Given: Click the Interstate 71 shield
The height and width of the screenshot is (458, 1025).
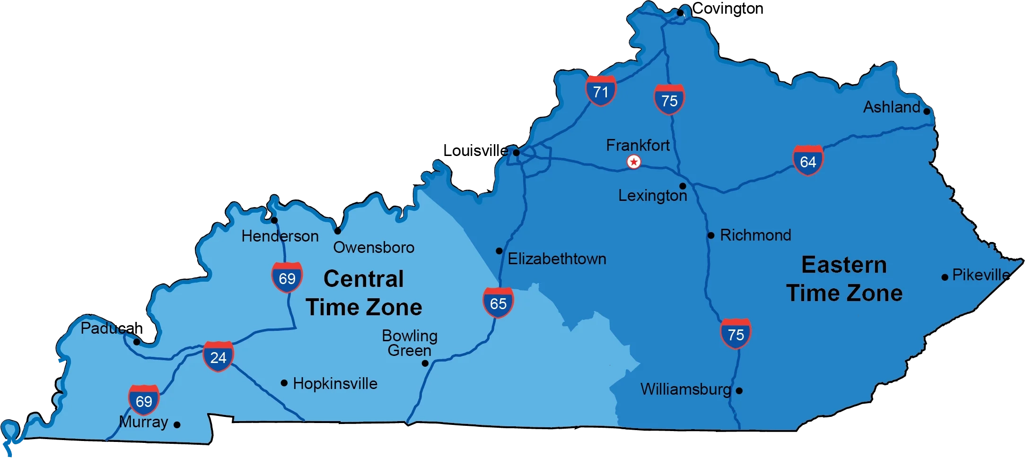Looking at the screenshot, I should click(601, 91).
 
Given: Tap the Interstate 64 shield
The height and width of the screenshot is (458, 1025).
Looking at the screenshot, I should click(808, 161).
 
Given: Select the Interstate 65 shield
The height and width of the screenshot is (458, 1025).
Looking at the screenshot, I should click(498, 302).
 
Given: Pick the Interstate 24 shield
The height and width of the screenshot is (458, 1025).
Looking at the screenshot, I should click(218, 356).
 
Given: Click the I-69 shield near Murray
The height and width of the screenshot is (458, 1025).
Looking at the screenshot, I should click(144, 400).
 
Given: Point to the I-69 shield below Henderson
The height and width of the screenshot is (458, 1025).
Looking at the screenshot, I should click(287, 277).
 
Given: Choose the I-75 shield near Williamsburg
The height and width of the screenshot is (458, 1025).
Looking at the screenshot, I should click(736, 334).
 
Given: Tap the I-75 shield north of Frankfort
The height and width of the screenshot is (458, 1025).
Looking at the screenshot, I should click(669, 100).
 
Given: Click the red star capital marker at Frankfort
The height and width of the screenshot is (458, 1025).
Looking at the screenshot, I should click(634, 162).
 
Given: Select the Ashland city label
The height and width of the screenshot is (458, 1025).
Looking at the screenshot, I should click(892, 107).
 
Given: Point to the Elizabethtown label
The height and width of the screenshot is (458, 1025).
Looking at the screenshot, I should click(557, 259).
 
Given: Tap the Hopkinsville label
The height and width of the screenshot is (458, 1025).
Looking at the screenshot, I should click(335, 383).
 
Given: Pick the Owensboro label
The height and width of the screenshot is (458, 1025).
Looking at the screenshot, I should click(374, 247).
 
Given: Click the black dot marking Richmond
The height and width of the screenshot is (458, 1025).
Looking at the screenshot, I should click(711, 235).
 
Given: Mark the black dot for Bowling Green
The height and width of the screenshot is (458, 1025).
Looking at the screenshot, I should click(425, 363).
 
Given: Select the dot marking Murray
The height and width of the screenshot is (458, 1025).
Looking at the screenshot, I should click(177, 424).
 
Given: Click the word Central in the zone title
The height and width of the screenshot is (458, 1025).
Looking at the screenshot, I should click(363, 279).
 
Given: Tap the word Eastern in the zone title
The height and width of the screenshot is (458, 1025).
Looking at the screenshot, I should click(844, 265).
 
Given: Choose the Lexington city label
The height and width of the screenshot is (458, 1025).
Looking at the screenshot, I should click(652, 196).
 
